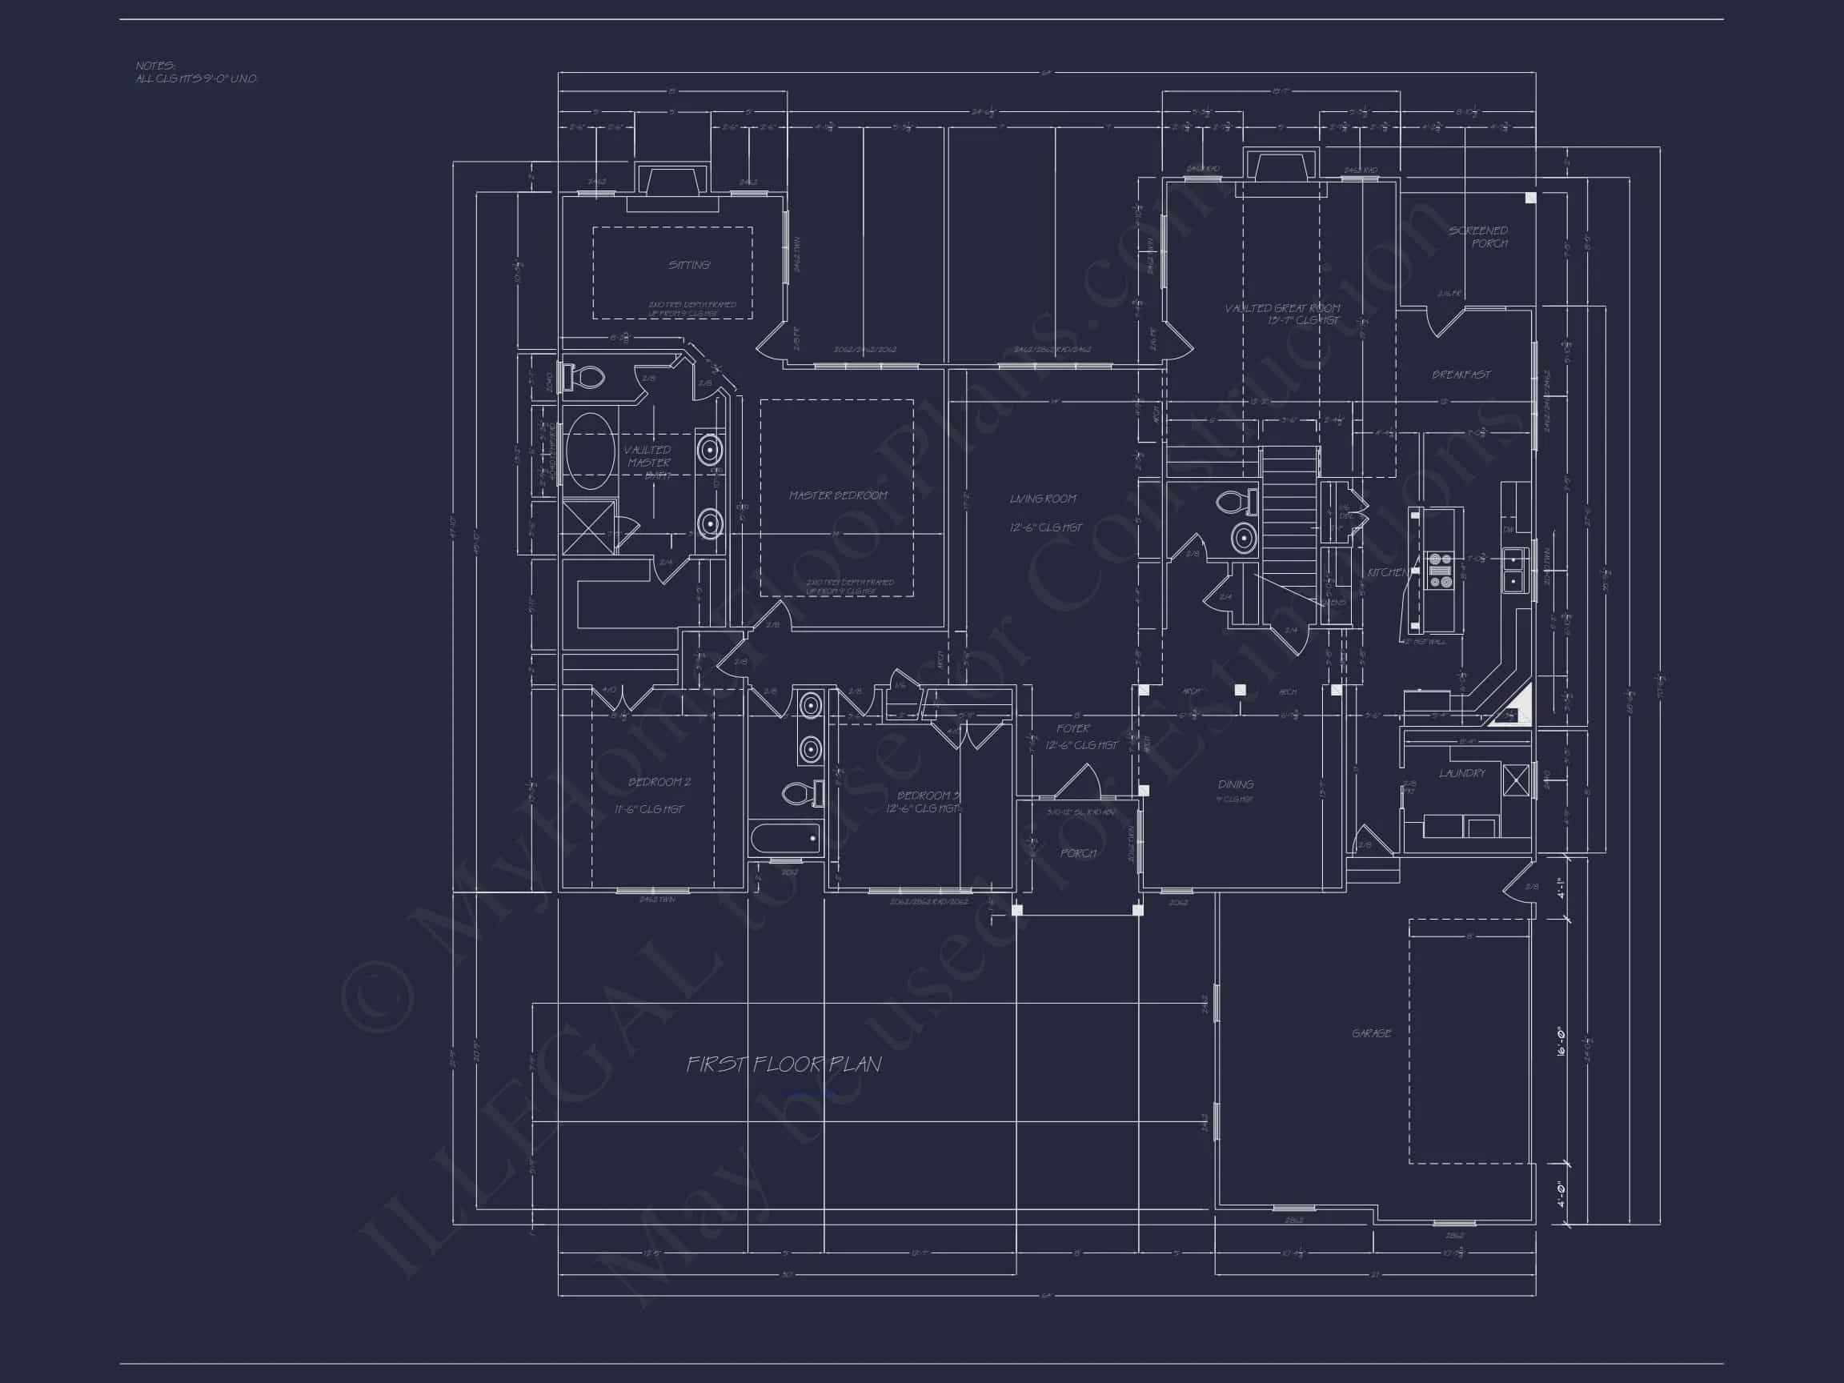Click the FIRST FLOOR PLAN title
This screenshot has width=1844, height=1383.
[x=784, y=1064]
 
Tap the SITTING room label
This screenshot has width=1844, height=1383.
[x=688, y=265]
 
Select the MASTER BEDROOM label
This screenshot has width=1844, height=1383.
[x=838, y=495]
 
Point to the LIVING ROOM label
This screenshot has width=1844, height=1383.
[x=1043, y=499]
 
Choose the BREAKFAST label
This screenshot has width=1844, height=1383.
[x=1461, y=375]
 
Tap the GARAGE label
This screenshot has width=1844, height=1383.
[x=1371, y=1033]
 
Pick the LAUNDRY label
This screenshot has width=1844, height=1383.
[x=1461, y=774]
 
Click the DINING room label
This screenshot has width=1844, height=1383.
[x=1236, y=784]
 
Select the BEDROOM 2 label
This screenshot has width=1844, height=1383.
[x=659, y=782]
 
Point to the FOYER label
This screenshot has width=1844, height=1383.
[x=1073, y=728]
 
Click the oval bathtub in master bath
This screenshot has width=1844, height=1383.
[x=590, y=451]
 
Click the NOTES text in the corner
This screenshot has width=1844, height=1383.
[x=156, y=66]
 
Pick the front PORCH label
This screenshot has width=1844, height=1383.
[x=1077, y=853]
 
